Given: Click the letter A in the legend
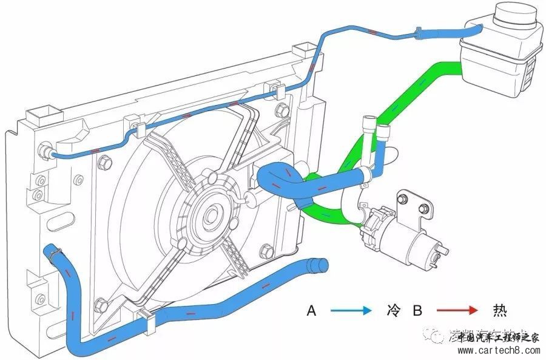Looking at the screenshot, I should [x=312, y=311].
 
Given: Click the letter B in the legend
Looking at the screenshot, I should [x=417, y=311].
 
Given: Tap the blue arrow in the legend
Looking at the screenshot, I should [x=351, y=311].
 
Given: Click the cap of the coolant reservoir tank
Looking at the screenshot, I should [x=516, y=18].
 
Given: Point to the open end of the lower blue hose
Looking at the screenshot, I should [x=319, y=265].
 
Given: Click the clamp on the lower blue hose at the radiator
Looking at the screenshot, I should [x=53, y=251].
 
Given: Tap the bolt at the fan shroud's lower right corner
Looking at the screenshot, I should [x=265, y=251].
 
